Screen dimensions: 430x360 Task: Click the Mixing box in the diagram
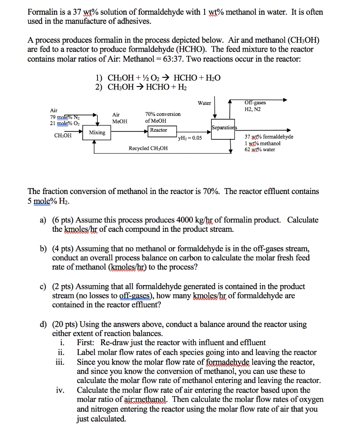point(97,133)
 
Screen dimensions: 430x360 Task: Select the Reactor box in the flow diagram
point(158,130)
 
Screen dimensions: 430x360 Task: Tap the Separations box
point(224,127)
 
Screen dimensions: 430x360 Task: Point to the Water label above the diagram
point(204,103)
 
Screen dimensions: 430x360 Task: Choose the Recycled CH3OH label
point(148,148)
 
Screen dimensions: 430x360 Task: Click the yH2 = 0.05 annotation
point(190,138)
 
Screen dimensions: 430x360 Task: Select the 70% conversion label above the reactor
point(163,114)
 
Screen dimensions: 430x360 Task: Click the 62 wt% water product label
point(260,149)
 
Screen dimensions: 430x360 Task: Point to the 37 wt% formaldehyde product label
point(269,137)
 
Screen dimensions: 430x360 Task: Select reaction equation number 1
point(158,78)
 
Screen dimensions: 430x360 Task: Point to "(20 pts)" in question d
point(65,325)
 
